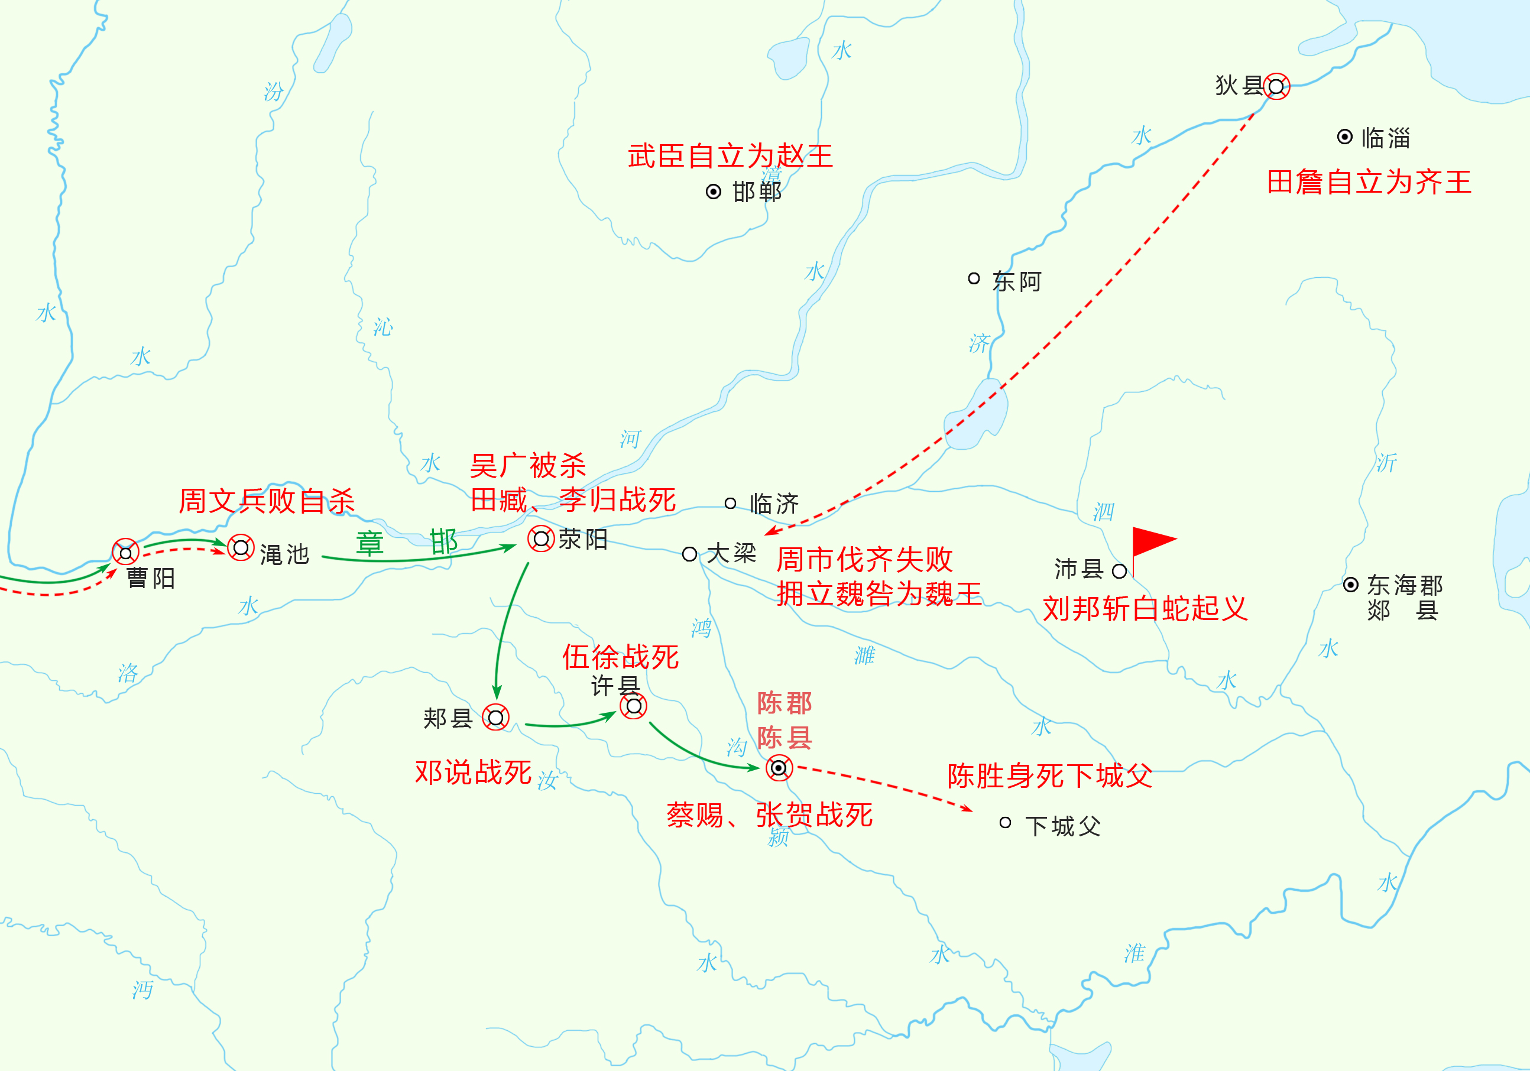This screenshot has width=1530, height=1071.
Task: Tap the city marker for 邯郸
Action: click(713, 192)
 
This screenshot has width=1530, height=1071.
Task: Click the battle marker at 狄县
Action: click(1276, 86)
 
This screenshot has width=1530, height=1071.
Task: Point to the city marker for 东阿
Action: click(974, 278)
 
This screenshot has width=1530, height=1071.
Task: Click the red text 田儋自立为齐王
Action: click(1369, 182)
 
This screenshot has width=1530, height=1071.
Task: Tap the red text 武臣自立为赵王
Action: click(730, 156)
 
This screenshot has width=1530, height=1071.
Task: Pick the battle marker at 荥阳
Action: click(540, 538)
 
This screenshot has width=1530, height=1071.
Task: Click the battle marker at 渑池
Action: click(241, 547)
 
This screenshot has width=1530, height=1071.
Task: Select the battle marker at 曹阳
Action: click(125, 552)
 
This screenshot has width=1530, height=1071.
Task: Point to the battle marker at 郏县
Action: click(496, 718)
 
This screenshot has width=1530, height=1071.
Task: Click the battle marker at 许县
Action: click(633, 705)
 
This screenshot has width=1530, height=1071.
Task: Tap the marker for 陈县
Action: click(779, 768)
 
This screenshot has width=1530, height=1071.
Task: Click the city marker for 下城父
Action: click(1005, 823)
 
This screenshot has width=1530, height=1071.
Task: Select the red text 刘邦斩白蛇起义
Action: click(1144, 608)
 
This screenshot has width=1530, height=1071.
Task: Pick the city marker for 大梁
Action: click(690, 553)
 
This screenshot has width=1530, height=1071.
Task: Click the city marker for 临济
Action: click(730, 503)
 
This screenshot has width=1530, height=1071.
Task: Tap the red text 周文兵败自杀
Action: click(267, 501)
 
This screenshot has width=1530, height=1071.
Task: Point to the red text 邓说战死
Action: click(473, 772)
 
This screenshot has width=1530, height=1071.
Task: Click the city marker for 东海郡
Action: click(1350, 585)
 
